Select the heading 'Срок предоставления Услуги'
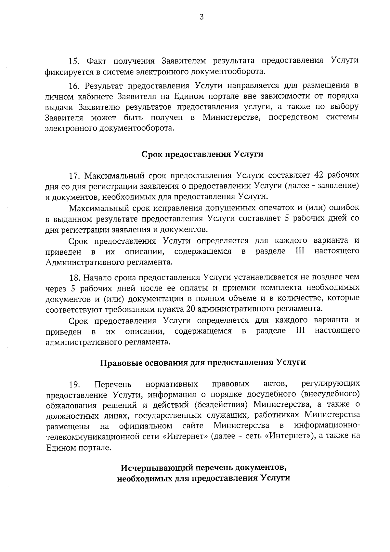pos(202,154)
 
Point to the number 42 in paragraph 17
pos(317,176)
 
